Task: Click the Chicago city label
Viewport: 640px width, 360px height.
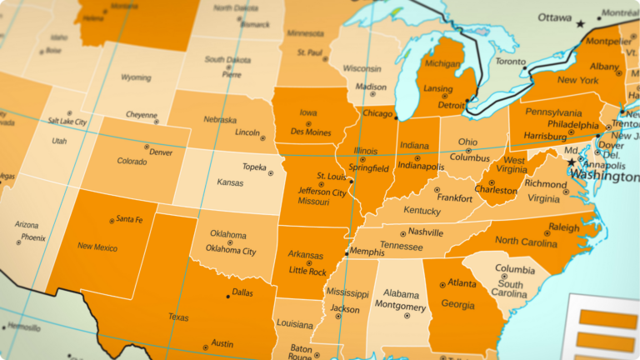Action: pyautogui.click(x=377, y=113)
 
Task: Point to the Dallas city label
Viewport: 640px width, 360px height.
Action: pyautogui.click(x=242, y=292)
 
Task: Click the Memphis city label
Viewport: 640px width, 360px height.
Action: pyautogui.click(x=367, y=251)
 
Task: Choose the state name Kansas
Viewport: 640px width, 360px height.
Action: pyautogui.click(x=230, y=182)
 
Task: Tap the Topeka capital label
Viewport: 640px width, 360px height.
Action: pyautogui.click(x=254, y=167)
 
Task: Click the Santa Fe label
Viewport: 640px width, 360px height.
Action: pyautogui.click(x=130, y=219)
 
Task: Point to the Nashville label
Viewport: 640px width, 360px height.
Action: pyautogui.click(x=426, y=232)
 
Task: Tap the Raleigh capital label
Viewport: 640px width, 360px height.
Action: pyautogui.click(x=563, y=227)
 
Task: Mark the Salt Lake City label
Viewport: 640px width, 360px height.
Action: pyautogui.click(x=67, y=122)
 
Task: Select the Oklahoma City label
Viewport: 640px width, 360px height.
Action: pyautogui.click(x=231, y=251)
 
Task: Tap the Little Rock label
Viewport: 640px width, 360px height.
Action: pyautogui.click(x=307, y=271)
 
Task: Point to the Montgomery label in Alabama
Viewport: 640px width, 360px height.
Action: pyautogui.click(x=400, y=307)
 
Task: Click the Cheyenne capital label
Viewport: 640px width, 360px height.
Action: pyautogui.click(x=141, y=115)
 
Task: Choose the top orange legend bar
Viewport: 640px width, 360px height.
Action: pyautogui.click(x=607, y=317)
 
